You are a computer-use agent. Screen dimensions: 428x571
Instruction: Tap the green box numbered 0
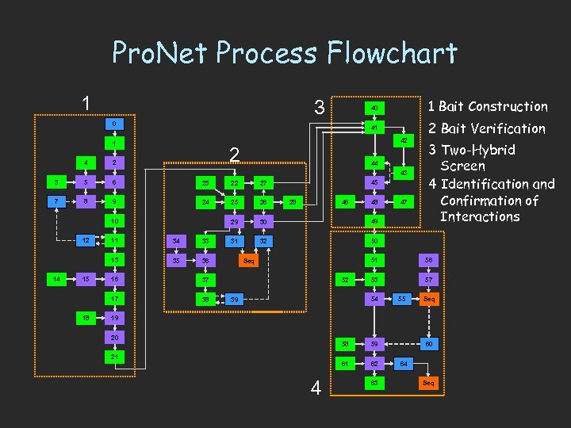click(x=114, y=124)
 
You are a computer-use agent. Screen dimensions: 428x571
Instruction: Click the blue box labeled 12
click(x=85, y=240)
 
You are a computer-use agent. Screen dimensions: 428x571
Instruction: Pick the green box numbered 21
click(x=114, y=357)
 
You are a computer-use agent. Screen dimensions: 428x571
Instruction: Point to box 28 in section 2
click(x=292, y=201)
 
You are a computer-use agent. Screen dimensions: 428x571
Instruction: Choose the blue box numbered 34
click(x=175, y=240)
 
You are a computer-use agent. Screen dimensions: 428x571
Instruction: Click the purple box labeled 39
click(x=234, y=300)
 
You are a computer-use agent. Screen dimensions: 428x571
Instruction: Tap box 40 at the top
click(x=374, y=107)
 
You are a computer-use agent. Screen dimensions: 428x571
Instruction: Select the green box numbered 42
click(x=404, y=140)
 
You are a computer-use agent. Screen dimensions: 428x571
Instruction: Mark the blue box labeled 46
click(x=345, y=202)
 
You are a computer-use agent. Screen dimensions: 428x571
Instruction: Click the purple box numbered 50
click(x=374, y=240)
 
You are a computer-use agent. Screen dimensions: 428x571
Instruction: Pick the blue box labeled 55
click(x=402, y=299)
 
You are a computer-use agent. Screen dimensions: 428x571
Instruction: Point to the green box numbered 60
click(x=429, y=344)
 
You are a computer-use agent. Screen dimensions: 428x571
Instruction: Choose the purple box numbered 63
click(x=374, y=383)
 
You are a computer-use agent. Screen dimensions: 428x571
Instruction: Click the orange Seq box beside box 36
click(x=248, y=260)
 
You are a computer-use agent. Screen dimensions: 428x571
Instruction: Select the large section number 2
click(x=233, y=154)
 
